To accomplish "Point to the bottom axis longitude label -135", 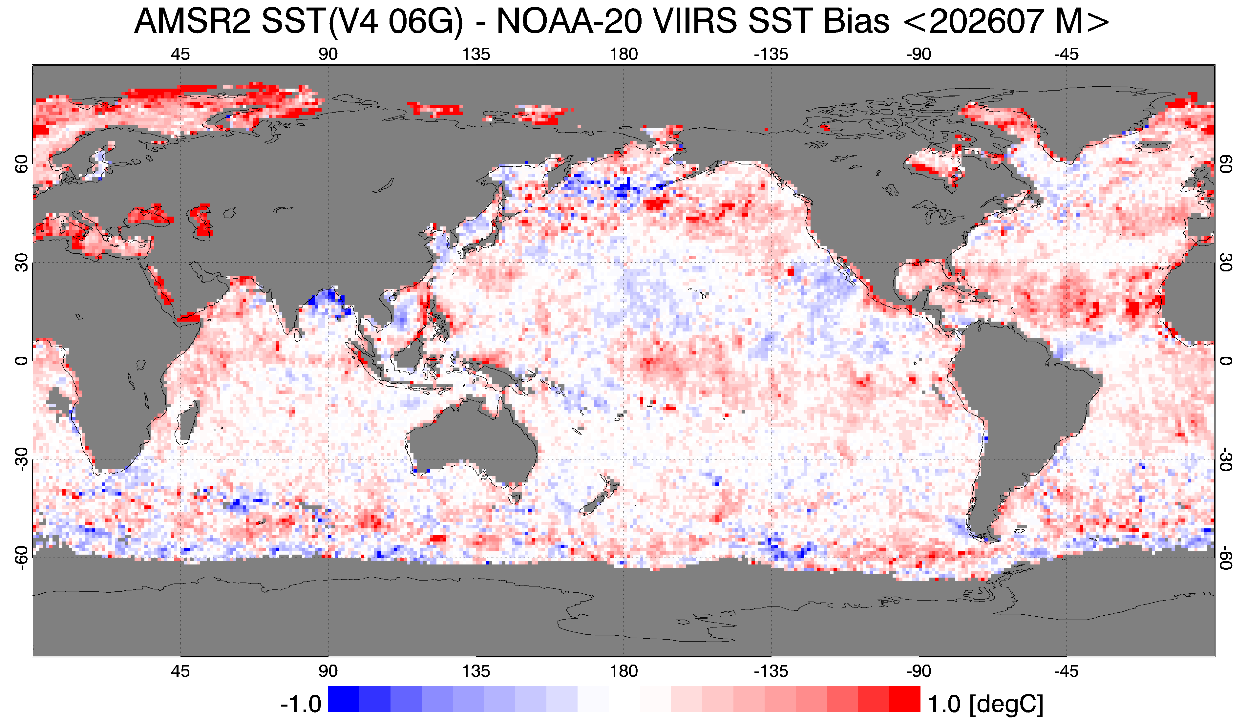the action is tap(771, 671).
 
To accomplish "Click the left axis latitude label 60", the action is tap(21, 165).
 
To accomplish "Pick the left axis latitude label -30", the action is tap(21, 459).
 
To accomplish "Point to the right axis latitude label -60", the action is tap(1226, 558).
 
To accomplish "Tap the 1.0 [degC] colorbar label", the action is tap(985, 704).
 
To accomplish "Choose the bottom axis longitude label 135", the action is tap(476, 671).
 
